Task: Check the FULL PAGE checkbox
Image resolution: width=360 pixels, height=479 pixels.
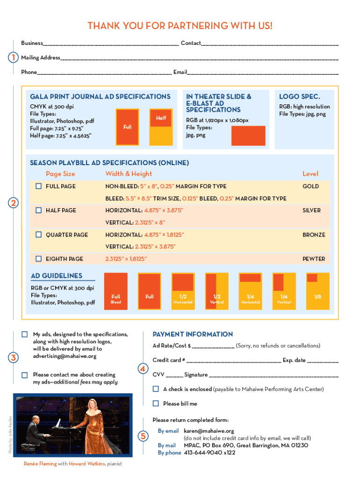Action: (x=39, y=186)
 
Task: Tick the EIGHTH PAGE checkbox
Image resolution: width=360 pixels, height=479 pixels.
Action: (x=39, y=259)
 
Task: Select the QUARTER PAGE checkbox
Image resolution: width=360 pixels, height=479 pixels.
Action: (x=39, y=234)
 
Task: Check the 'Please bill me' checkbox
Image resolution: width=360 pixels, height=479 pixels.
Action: (x=156, y=403)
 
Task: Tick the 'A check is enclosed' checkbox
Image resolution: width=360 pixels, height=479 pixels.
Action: (x=156, y=389)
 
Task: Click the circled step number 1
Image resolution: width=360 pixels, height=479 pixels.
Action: (x=14, y=58)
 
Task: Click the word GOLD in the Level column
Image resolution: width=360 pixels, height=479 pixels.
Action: (x=310, y=186)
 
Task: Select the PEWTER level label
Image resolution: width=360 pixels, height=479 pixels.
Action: (x=313, y=259)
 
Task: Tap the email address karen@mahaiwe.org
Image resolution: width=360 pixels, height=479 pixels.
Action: (x=209, y=431)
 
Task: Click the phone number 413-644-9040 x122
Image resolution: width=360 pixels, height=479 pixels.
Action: (x=209, y=453)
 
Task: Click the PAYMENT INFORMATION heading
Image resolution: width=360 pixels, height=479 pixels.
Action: (x=193, y=334)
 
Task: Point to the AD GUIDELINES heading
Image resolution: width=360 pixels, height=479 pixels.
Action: (x=57, y=276)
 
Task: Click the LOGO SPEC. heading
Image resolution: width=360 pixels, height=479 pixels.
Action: (x=299, y=97)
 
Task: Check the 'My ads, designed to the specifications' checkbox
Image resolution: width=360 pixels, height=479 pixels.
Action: (x=25, y=335)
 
